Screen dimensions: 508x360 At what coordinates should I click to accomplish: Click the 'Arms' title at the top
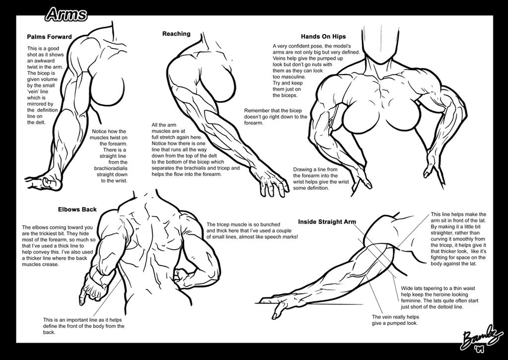[66, 14]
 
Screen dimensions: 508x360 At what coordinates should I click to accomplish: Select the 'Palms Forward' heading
[49, 37]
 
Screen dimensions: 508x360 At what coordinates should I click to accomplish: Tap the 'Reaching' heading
[176, 34]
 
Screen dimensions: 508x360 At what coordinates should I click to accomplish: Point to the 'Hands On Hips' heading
[323, 37]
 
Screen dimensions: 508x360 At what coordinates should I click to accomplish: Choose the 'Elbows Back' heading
[77, 210]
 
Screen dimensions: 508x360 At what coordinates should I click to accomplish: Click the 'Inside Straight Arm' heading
[327, 222]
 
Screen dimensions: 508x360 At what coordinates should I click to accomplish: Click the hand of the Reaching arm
[274, 183]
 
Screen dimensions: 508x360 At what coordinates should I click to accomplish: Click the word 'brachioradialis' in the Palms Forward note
[111, 168]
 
